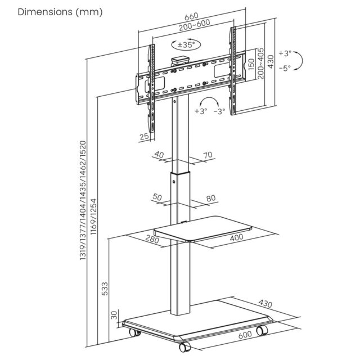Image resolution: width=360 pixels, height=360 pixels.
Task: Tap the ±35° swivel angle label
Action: [x=186, y=44]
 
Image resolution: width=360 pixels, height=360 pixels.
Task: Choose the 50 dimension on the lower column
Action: [x=157, y=197]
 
